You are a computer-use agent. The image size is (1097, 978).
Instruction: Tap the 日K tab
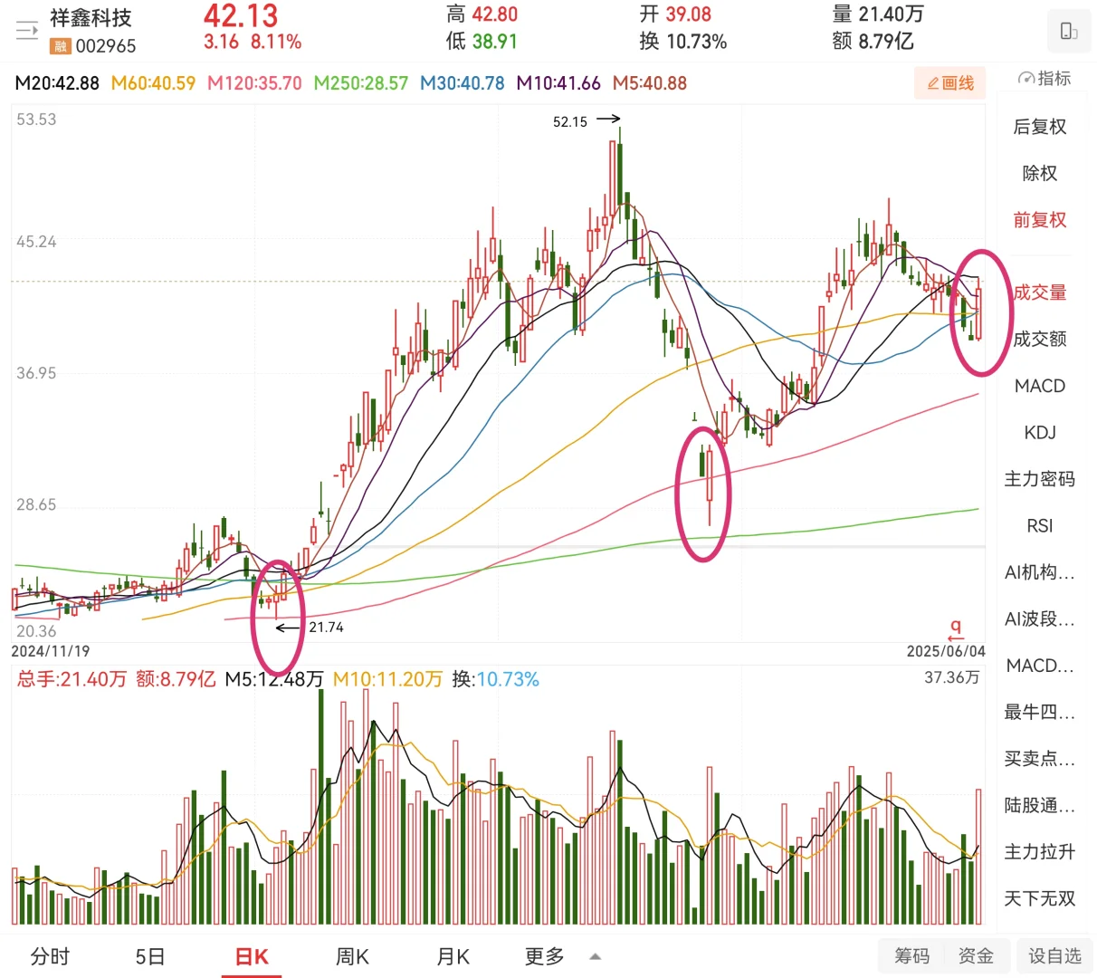[x=252, y=956]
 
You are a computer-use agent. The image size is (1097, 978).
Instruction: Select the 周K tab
[x=352, y=956]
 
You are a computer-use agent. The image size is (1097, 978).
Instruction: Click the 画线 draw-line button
[x=949, y=83]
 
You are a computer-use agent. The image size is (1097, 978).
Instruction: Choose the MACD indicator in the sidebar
[x=1040, y=386]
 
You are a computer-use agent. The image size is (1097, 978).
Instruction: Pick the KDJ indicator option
[x=1040, y=432]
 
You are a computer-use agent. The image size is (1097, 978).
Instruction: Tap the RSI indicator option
[x=1040, y=525]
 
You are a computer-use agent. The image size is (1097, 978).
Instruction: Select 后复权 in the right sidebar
[x=1040, y=126]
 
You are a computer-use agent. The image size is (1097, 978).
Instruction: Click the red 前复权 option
[x=1040, y=219]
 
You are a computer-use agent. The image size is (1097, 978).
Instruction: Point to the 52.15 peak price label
[x=569, y=122]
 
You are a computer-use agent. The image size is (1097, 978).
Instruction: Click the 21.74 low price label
[x=326, y=627]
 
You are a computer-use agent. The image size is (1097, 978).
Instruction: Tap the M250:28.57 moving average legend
[x=360, y=83]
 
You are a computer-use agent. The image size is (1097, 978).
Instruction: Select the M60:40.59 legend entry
[x=153, y=83]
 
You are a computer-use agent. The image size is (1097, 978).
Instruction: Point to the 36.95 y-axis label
[x=36, y=373]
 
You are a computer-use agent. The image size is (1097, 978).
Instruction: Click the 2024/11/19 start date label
[x=51, y=651]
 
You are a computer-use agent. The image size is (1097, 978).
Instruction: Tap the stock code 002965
[x=106, y=46]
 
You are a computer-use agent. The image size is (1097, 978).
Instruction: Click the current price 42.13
[x=241, y=15]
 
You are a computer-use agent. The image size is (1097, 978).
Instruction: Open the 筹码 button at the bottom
[x=911, y=955]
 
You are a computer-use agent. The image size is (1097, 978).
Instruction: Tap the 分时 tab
[x=50, y=956]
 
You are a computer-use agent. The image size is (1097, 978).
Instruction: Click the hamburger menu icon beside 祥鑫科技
[x=27, y=31]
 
